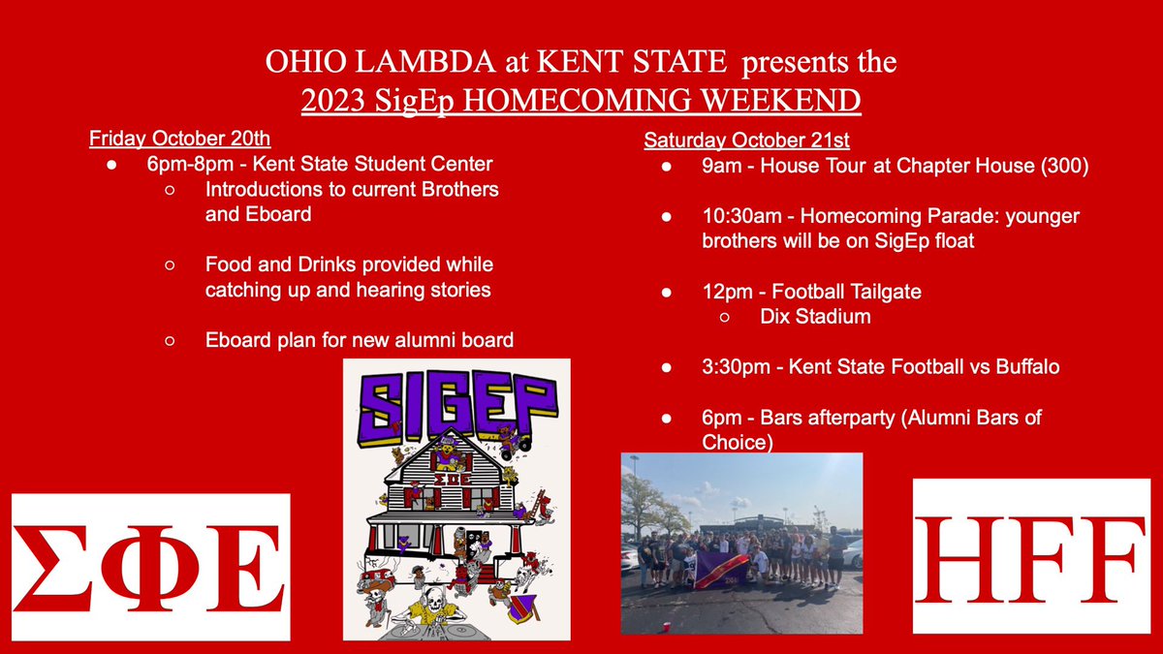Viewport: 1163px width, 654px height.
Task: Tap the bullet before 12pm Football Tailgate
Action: pos(668,292)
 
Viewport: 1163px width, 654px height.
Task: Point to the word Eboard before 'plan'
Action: pos(236,340)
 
